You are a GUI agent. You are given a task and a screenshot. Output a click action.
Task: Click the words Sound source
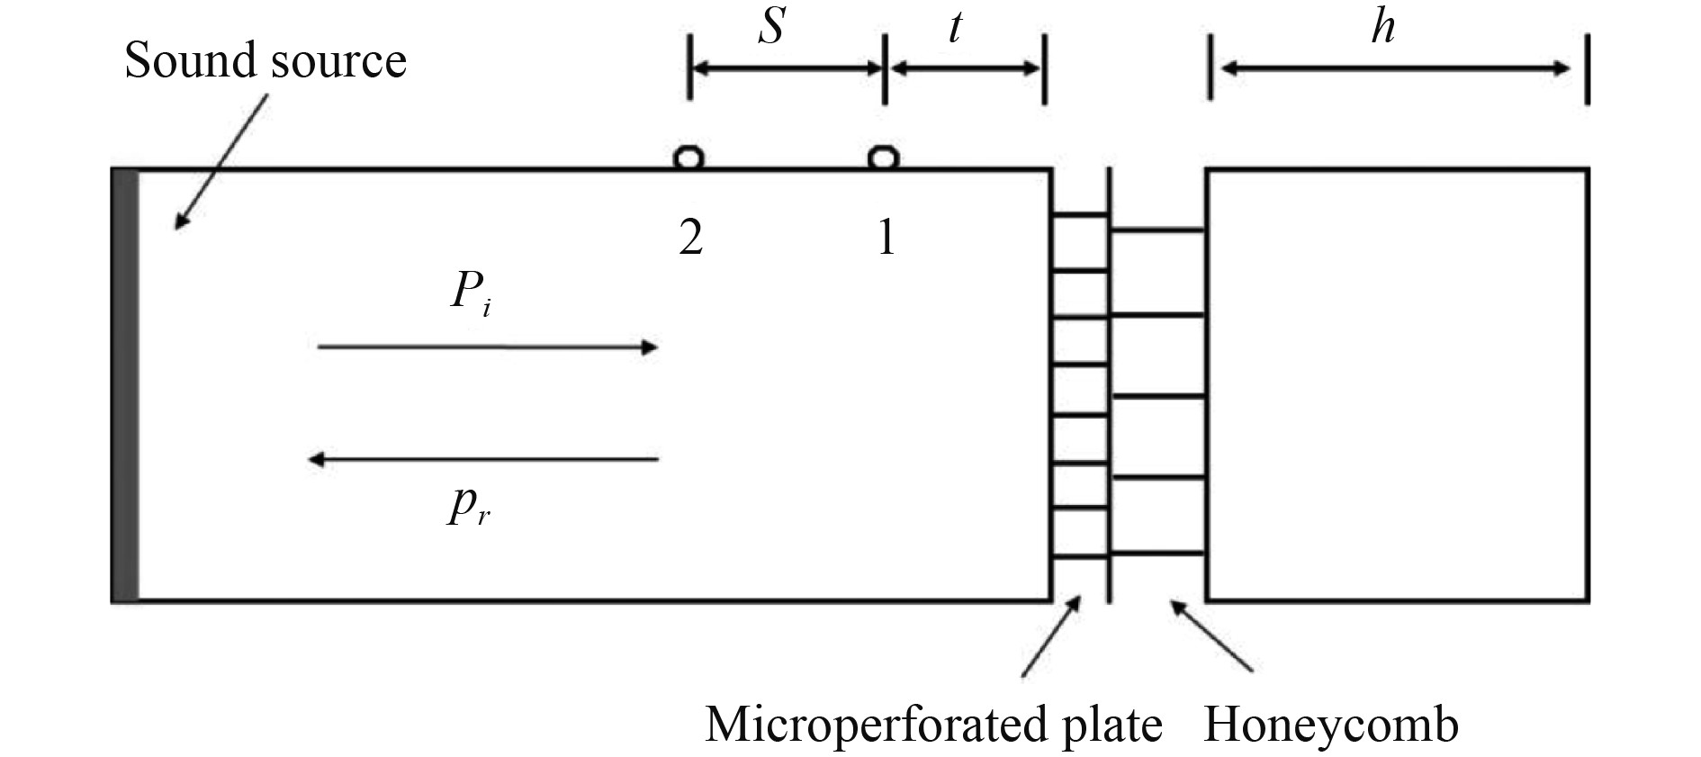265,61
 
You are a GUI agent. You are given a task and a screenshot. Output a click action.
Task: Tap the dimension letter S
771,27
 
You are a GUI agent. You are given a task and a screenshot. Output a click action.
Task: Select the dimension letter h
1383,27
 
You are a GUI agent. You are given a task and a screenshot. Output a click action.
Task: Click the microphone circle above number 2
689,158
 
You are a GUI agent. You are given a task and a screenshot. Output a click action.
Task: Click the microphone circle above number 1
883,158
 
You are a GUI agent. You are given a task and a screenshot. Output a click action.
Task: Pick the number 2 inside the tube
690,239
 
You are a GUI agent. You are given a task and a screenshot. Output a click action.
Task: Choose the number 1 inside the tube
886,239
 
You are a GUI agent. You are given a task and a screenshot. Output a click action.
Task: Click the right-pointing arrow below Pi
487,347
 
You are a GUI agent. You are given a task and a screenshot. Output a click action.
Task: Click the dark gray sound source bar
125,385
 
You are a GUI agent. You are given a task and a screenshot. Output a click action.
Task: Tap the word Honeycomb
1330,725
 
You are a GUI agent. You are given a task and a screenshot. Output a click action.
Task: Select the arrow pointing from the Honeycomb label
1211,636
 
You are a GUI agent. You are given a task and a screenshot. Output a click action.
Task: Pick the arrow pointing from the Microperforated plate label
1051,635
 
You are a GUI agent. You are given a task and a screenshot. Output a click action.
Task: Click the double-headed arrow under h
1395,68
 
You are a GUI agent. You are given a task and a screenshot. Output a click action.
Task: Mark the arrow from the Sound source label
221,162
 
